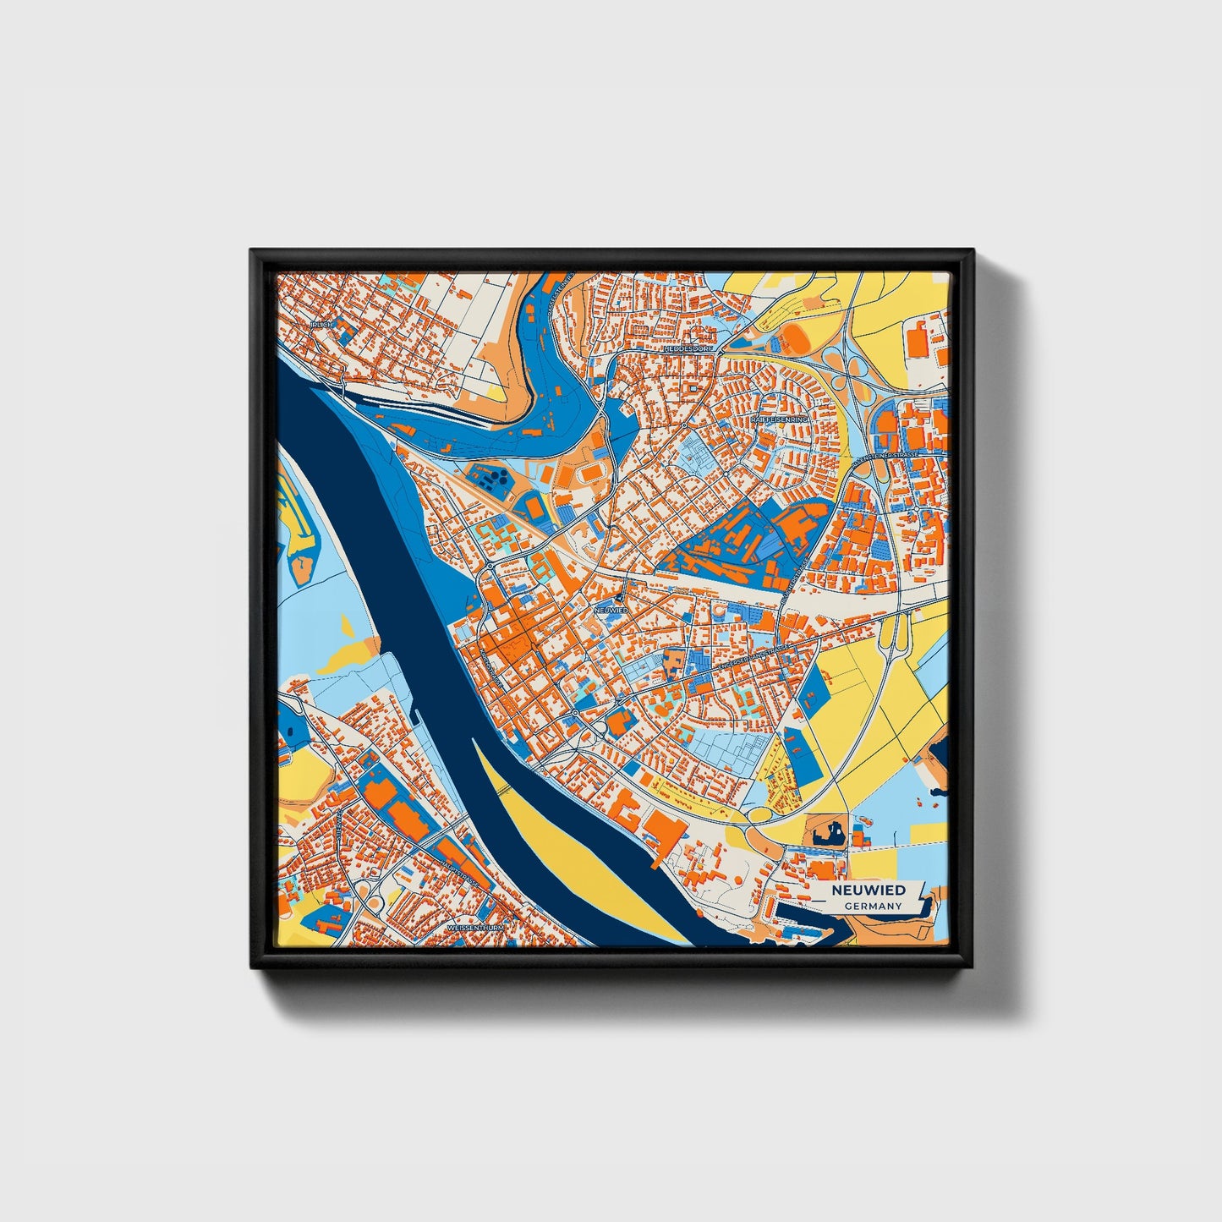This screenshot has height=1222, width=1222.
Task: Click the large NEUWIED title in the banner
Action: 868,890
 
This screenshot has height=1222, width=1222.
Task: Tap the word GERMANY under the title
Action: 873,906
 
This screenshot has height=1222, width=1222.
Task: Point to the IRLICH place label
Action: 321,324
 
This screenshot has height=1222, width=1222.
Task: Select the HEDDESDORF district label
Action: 688,348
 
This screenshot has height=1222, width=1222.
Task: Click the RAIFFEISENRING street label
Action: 779,419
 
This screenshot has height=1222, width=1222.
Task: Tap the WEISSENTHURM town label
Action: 474,928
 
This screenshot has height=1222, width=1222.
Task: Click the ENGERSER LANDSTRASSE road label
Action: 753,656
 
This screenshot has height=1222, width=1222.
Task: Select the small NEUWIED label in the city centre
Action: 610,610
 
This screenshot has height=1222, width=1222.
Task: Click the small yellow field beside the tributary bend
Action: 493,393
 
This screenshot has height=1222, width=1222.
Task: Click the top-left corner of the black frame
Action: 252,251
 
